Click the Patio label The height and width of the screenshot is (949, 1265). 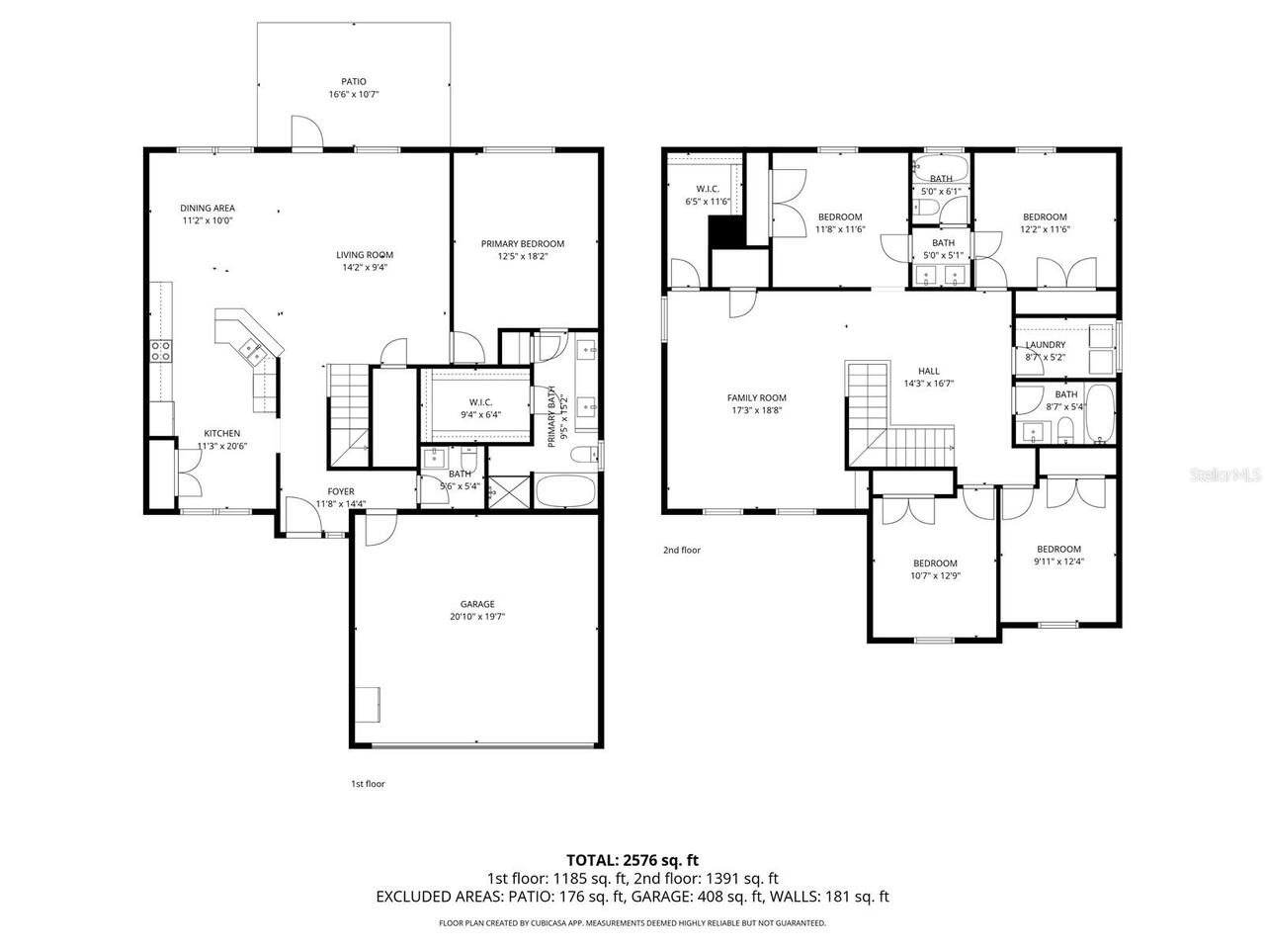(354, 82)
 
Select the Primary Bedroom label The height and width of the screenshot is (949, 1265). (522, 244)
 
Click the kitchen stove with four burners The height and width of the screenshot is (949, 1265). (160, 349)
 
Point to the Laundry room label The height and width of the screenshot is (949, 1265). (1045, 345)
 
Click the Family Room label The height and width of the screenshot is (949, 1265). (756, 398)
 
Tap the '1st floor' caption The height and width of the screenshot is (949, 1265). (368, 784)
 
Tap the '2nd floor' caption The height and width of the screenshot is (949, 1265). (682, 550)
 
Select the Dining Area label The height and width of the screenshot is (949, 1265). (208, 209)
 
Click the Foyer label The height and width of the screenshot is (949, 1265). (341, 491)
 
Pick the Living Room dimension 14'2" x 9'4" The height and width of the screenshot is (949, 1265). (365, 267)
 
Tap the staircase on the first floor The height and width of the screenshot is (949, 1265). (347, 415)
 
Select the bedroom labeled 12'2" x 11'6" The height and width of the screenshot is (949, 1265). (1045, 223)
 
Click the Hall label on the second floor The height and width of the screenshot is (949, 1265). (928, 372)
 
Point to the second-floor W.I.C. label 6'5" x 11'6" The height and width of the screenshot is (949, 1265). (707, 195)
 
